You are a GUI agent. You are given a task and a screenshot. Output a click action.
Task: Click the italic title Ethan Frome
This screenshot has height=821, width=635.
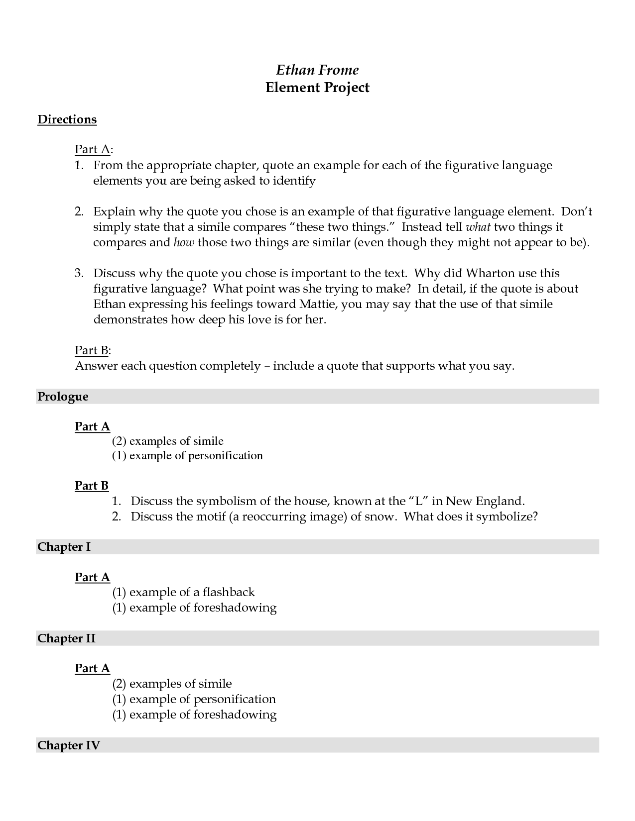coord(317,70)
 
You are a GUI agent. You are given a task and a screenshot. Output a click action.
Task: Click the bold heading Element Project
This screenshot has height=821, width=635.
coord(317,88)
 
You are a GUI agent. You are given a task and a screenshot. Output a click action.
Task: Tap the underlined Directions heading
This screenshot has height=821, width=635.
coord(67,119)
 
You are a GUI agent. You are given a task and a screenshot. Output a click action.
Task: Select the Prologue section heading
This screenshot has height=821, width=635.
coord(63,397)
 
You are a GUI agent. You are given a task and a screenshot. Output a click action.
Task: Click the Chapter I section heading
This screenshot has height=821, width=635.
coord(64,547)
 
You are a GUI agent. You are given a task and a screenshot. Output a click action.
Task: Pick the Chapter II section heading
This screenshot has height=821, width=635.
coord(66,638)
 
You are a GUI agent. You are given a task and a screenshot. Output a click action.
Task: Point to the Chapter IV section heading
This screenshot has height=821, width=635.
coord(69,745)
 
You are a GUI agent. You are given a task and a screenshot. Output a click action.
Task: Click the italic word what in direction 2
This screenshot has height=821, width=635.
coord(478,227)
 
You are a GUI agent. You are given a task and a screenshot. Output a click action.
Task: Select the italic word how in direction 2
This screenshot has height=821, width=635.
coord(183,243)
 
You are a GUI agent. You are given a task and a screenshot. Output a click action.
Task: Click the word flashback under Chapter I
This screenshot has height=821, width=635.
coord(229,592)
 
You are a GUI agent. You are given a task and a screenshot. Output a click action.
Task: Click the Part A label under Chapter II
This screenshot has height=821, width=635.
coord(92,668)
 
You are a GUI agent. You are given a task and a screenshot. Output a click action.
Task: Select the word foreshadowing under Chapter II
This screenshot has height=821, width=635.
coord(235,715)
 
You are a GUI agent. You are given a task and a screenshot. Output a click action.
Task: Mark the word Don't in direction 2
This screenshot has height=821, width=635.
coord(577,212)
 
